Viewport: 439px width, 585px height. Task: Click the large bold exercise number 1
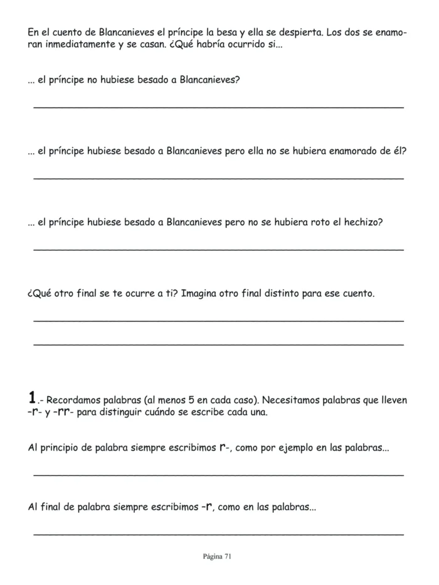(33, 398)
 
